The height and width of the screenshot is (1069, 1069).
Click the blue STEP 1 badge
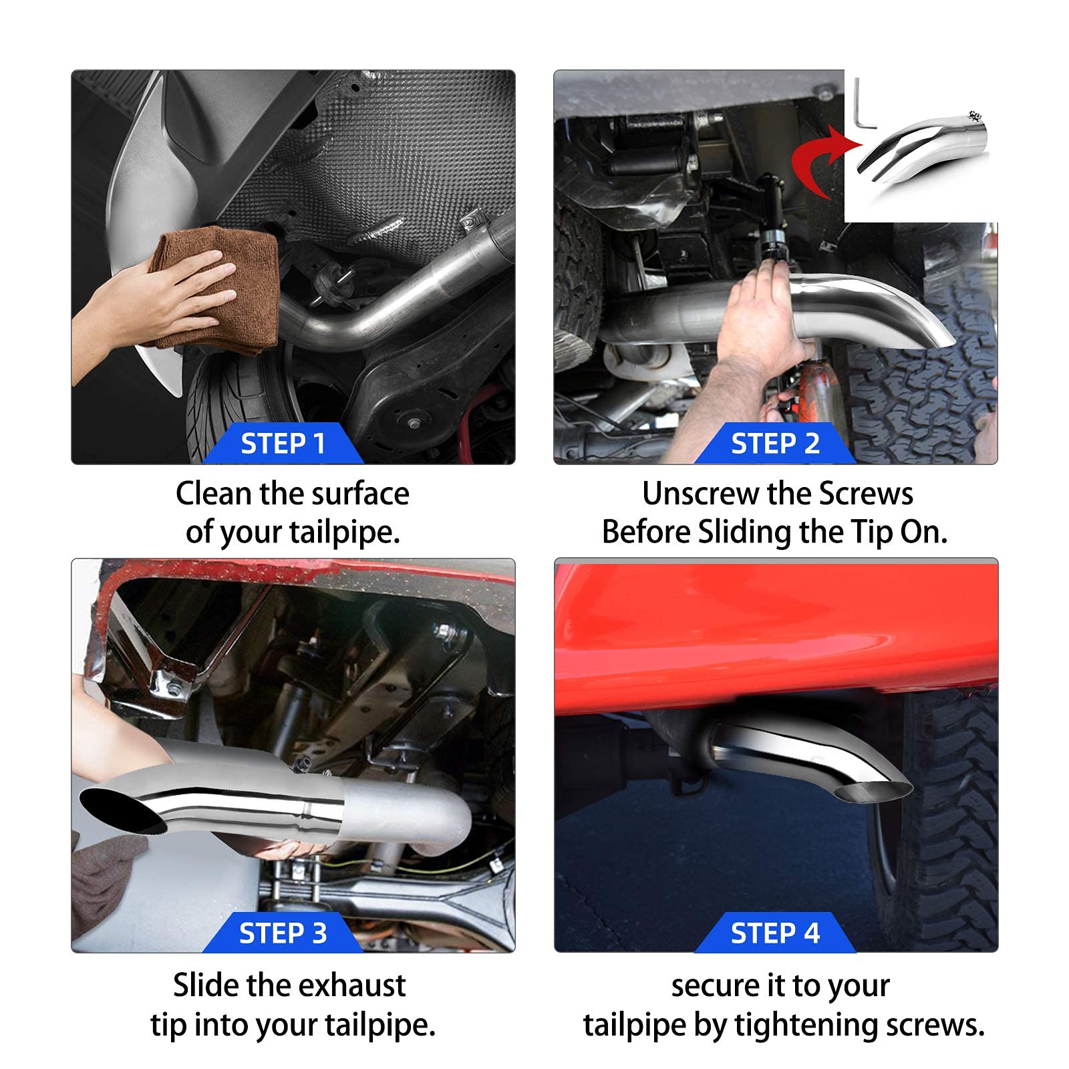coord(283,444)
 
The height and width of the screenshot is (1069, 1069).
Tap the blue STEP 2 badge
coord(775,444)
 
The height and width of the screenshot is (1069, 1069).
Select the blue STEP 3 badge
coord(283,933)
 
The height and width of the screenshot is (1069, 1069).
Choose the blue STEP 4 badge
coord(775,933)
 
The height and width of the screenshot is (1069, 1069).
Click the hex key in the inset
coord(863,107)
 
